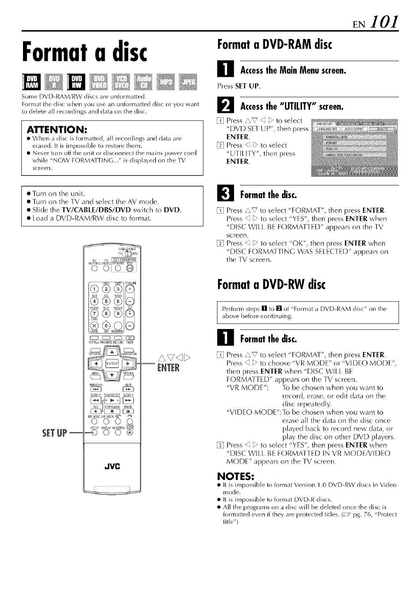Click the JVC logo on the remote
click(112, 466)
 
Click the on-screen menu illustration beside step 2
click(354, 147)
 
